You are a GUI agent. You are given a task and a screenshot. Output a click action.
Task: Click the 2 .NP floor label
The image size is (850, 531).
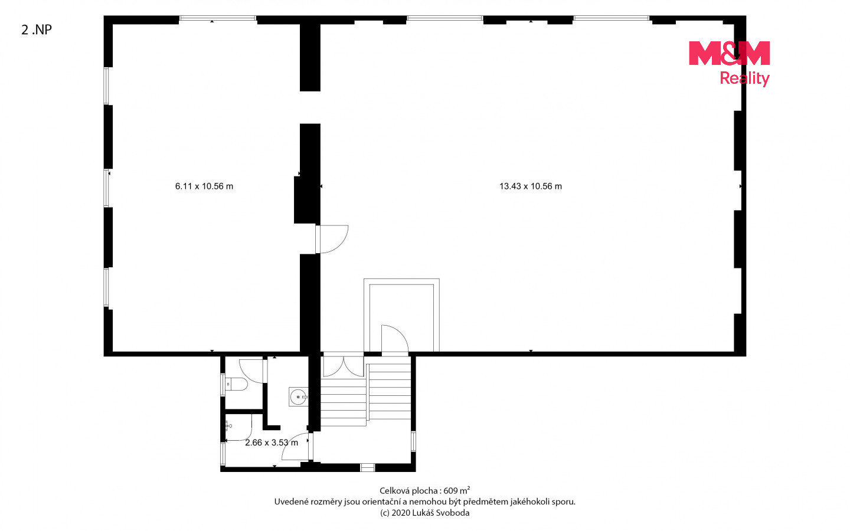(x=37, y=29)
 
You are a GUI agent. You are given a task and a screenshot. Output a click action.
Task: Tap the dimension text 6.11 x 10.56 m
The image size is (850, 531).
(x=204, y=186)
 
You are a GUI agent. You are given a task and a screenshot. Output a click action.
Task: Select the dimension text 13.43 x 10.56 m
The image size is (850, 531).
(x=531, y=186)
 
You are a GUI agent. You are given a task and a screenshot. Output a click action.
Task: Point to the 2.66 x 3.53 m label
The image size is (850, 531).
(x=272, y=442)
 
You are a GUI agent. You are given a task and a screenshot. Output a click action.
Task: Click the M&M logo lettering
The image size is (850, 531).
(x=730, y=53)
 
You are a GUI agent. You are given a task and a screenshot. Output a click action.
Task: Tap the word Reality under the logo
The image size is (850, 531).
(x=744, y=78)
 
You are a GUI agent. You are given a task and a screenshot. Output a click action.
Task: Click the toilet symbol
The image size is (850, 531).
(x=236, y=385)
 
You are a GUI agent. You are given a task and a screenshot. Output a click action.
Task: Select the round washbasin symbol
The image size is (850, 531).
(x=299, y=397)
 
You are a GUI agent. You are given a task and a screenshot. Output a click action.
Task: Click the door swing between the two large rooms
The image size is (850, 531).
(x=332, y=240)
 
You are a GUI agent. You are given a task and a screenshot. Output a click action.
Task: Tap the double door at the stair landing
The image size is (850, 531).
(x=343, y=365)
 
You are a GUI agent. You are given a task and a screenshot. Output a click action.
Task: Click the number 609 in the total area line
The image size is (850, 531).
(x=451, y=491)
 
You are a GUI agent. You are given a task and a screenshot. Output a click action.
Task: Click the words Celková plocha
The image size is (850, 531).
(x=408, y=491)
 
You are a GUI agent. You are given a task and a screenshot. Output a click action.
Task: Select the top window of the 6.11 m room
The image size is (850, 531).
(x=218, y=18)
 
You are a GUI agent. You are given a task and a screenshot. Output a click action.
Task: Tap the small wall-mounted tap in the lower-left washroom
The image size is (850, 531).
(x=228, y=427)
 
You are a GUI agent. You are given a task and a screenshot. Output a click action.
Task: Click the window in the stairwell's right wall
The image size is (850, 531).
(x=413, y=441)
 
